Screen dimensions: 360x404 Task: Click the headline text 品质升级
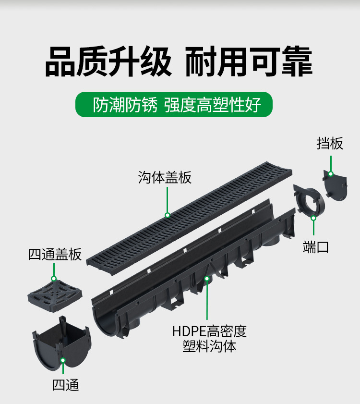(x=108, y=61)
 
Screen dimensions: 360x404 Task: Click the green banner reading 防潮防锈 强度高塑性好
(x=174, y=104)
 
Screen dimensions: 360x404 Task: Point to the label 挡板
(x=330, y=143)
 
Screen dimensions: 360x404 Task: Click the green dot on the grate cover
(x=167, y=215)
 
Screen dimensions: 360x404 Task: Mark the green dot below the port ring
(x=313, y=218)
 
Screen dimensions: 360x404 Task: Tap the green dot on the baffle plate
(x=331, y=173)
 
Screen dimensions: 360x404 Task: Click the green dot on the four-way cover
(x=54, y=279)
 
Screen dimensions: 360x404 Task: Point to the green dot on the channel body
(x=207, y=278)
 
